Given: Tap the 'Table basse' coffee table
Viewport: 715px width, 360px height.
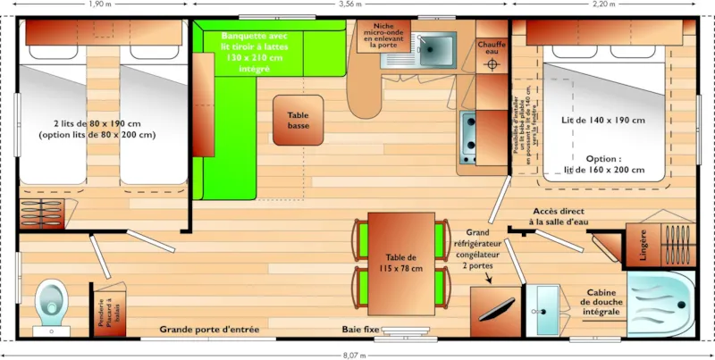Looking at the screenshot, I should [298, 121].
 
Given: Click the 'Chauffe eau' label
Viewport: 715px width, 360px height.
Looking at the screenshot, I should [492, 47].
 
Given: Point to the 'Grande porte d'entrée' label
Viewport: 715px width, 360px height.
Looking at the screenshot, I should [209, 330].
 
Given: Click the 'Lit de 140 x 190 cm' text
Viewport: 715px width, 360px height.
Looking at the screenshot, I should [603, 120].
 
